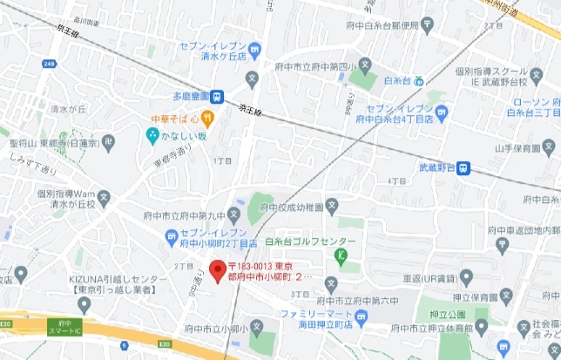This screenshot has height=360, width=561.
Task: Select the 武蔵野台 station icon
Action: (x=468, y=168)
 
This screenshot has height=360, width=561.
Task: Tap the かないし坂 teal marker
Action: (x=153, y=135)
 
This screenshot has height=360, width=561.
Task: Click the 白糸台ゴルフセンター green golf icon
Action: (x=341, y=255)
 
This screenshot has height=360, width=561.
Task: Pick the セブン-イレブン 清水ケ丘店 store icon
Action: (x=253, y=49)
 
